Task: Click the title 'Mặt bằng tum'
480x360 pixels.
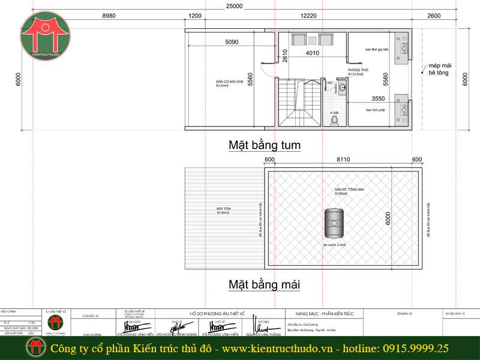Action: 264,145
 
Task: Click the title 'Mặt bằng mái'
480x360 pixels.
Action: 264,284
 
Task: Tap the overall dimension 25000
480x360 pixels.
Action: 234,6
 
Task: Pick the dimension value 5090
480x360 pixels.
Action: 232,42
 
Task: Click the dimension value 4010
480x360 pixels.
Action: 312,53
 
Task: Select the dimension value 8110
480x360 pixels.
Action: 343,160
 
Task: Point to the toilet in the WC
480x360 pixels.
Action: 334,120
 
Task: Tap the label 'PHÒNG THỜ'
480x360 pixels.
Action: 358,70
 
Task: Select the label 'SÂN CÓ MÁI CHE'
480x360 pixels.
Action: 230,82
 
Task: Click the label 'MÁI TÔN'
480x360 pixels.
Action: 224,209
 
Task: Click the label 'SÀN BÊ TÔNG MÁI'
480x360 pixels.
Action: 349,190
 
